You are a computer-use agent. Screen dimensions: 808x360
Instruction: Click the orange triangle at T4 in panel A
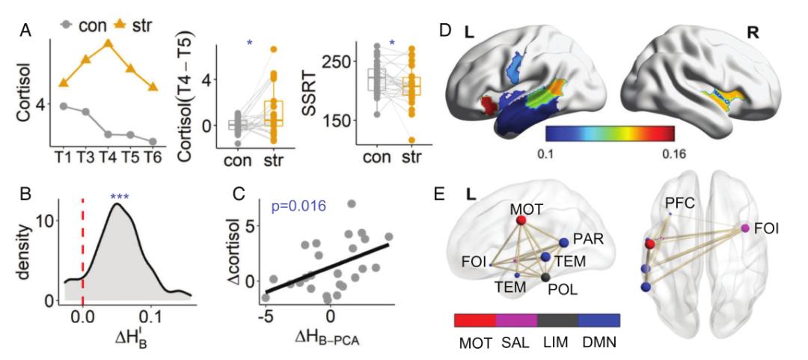(108, 43)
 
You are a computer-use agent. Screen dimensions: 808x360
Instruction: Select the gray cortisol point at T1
(64, 106)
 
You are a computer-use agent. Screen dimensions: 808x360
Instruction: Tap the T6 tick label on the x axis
(153, 157)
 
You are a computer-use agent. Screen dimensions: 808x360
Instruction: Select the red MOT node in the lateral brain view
(521, 220)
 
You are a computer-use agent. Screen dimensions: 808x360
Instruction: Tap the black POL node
(545, 278)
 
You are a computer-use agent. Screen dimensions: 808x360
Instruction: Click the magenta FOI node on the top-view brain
(744, 228)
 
